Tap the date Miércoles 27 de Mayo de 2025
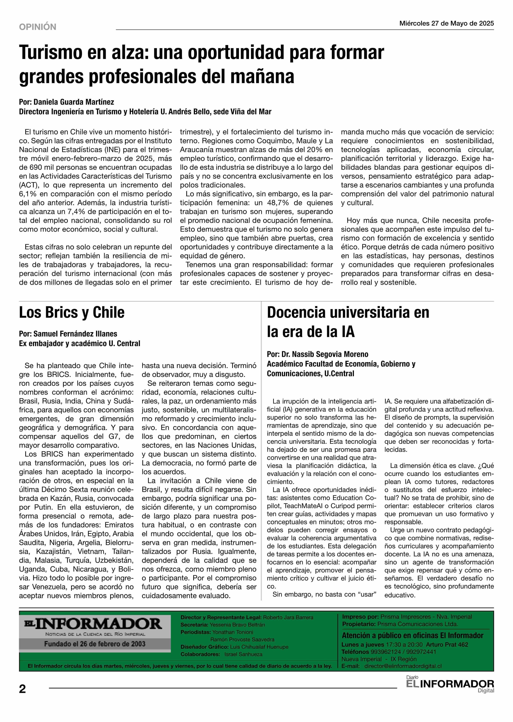click(x=446, y=23)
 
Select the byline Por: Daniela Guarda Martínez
click(x=66, y=102)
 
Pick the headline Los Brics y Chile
click(x=72, y=313)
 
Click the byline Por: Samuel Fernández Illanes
click(x=68, y=334)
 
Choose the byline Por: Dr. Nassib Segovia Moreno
click(x=317, y=354)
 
